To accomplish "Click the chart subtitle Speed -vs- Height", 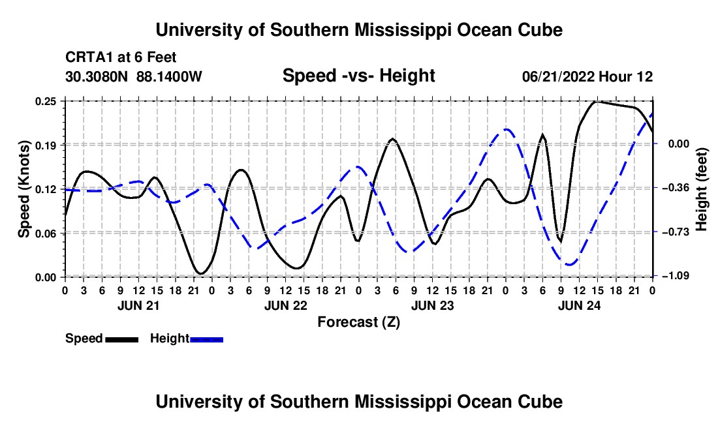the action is coord(358,76).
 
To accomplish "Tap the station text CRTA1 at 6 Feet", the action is coord(121,57).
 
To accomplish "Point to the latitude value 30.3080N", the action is coord(96,76).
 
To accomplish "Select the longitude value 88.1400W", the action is coord(169,76).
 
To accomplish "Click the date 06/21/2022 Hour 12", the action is coord(587,76).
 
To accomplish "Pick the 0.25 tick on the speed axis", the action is coord(45,101).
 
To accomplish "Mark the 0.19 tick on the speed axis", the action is coord(45,145).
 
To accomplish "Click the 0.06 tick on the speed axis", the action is coord(45,234).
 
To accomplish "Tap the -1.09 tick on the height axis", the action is coord(676,275).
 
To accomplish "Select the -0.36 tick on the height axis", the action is coord(676,187).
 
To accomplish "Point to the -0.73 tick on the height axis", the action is coord(676,232).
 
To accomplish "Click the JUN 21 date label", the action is coord(138,305).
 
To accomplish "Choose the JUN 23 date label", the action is coord(432,305).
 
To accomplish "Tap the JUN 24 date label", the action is coord(579,305).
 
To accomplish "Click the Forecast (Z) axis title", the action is coord(358,322).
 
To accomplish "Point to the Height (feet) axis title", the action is coord(702,189).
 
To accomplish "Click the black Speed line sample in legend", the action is coord(122,339).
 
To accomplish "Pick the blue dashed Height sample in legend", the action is coord(206,339).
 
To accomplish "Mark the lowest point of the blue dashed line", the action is coord(570,264).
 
